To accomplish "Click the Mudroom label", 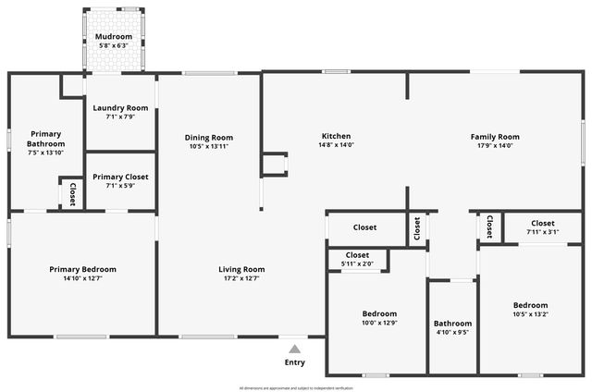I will point(114,36).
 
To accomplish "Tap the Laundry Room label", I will point(120,108).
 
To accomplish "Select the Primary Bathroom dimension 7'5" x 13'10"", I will point(45,153).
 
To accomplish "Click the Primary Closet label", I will point(120,177).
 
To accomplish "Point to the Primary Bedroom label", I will point(82,269).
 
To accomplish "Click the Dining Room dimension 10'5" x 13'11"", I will point(208,146).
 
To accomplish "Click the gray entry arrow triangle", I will point(294,349).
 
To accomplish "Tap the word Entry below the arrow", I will point(294,362).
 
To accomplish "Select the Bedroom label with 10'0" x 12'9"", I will point(379,313).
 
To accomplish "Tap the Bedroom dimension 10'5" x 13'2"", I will point(530,314).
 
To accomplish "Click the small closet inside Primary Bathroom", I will point(72,194).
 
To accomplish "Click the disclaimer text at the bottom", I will point(295,387).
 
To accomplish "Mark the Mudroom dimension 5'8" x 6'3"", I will point(114,45).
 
